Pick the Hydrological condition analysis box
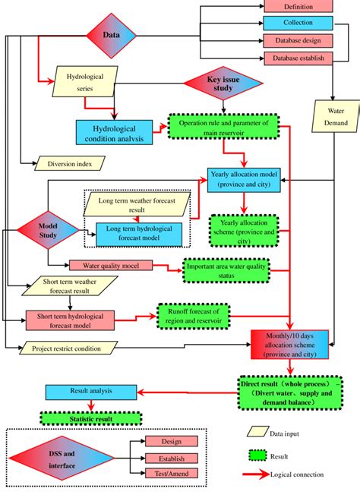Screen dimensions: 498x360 pyautogui.click(x=114, y=133)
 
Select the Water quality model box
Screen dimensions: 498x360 pyautogui.click(x=111, y=266)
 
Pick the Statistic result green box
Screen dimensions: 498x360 pyautogui.click(x=80, y=417)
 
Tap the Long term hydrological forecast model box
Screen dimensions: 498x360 pyautogui.click(x=139, y=235)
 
